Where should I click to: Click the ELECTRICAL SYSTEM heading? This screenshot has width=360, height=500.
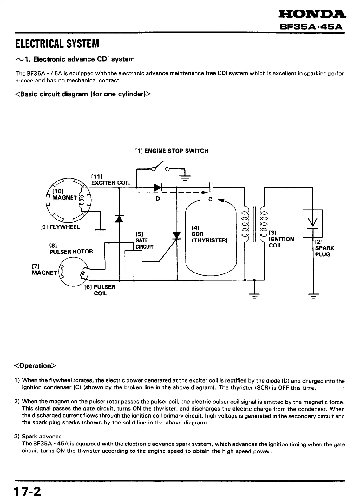[x=57, y=43]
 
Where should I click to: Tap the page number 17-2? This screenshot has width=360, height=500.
[x=27, y=491]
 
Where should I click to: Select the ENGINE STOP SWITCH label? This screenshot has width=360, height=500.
[x=172, y=151]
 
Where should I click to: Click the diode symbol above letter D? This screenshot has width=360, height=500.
[x=158, y=188]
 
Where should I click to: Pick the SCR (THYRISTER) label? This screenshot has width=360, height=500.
[x=210, y=234]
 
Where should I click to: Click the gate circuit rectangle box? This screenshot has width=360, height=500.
[x=133, y=261]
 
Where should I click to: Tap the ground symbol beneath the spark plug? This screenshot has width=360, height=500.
[x=313, y=296]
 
